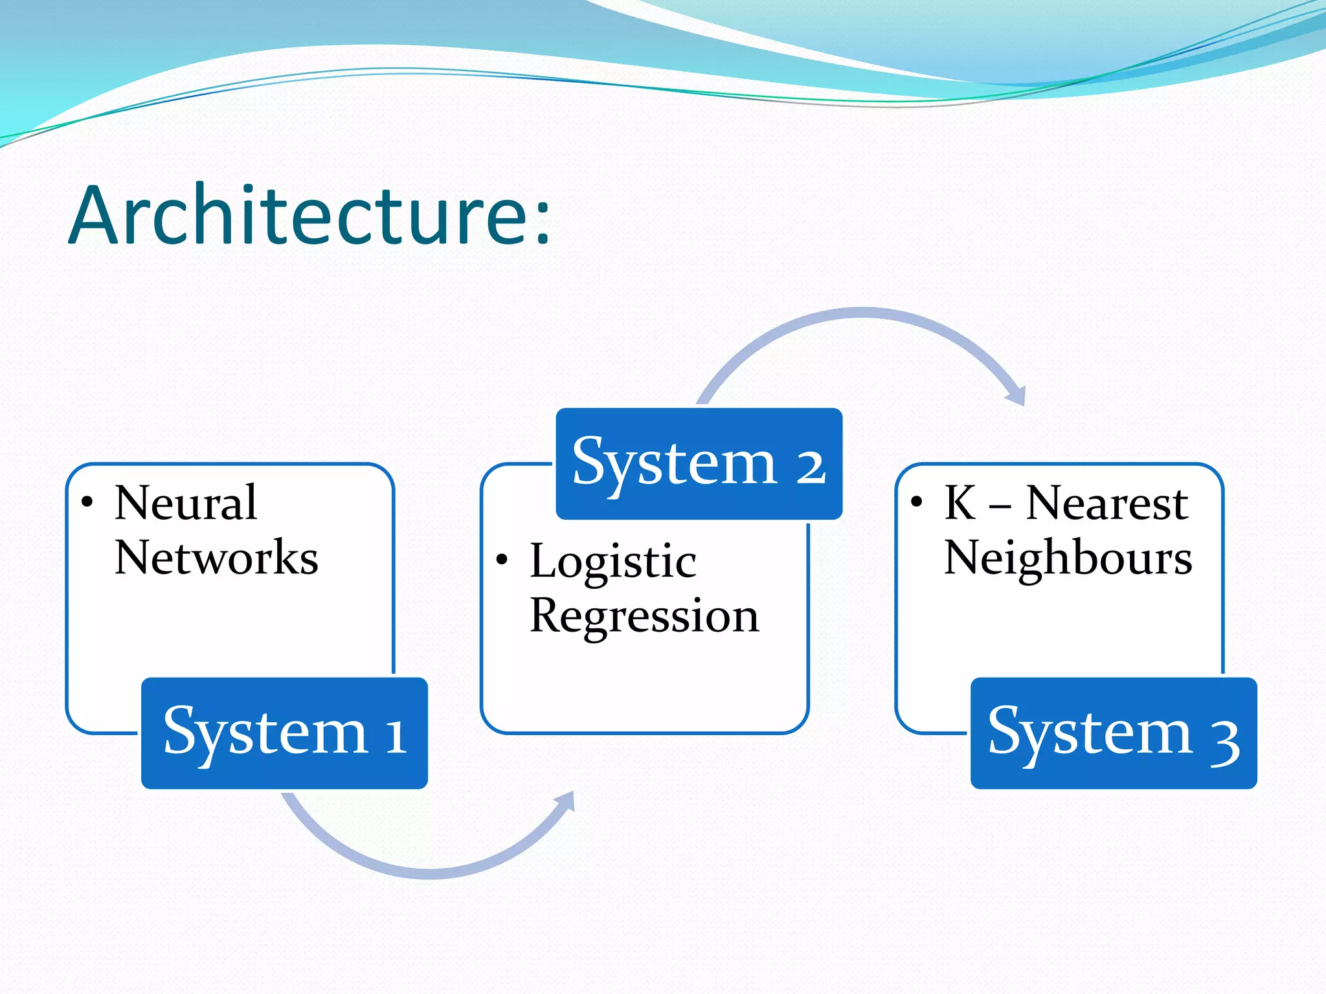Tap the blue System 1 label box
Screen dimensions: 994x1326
[284, 733]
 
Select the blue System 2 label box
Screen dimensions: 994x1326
[699, 463]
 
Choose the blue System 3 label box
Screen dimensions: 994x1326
[1114, 733]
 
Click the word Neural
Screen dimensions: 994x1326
[186, 503]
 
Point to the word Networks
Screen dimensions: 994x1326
[216, 558]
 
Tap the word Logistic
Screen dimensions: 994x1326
[612, 561]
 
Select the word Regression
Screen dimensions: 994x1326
[644, 616]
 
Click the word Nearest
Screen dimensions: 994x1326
[1107, 503]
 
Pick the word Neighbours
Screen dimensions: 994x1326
[1068, 558]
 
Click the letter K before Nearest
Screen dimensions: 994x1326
[960, 503]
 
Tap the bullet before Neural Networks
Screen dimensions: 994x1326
[87, 502]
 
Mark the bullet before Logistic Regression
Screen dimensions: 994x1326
[502, 560]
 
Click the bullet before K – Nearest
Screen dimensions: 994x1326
[916, 502]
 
